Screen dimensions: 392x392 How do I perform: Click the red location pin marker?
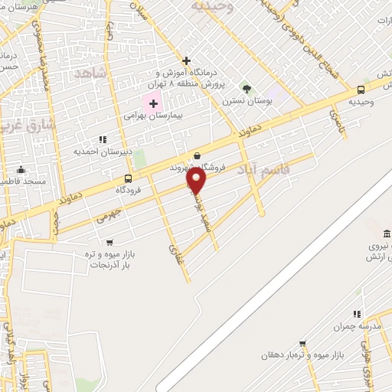point(197,181)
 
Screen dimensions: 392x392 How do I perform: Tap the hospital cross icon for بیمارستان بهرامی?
point(153,103)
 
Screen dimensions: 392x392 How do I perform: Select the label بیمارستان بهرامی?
point(152,116)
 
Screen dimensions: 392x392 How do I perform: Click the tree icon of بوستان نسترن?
point(246,88)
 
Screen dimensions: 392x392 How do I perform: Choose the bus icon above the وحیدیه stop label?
point(361,90)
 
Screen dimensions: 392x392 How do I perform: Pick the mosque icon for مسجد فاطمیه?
point(21,170)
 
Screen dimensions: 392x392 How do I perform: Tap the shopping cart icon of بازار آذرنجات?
point(109,242)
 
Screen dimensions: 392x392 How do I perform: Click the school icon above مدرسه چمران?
point(356,314)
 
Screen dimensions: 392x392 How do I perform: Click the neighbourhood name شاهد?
point(90,72)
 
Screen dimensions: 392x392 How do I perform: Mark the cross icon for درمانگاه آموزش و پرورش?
point(186,60)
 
